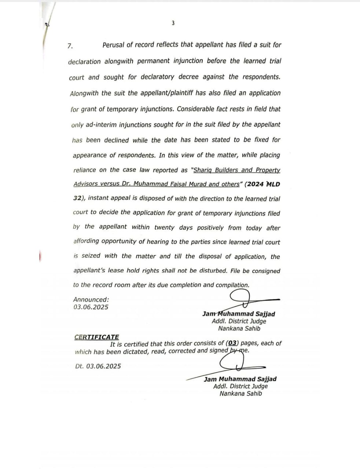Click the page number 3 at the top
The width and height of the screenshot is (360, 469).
(173, 23)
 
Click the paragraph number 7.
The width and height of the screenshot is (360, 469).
(70, 46)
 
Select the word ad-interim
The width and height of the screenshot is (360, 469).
(99, 125)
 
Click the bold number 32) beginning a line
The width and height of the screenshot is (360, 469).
(79, 198)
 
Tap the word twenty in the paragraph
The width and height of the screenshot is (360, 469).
(164, 227)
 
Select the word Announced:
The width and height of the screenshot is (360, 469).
(91, 299)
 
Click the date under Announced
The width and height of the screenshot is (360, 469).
(91, 307)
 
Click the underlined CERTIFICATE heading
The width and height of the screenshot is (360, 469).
(96, 337)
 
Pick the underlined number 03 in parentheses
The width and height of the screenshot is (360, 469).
(232, 343)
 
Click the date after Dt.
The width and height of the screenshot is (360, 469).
(103, 366)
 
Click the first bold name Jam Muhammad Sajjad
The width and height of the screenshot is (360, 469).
(239, 314)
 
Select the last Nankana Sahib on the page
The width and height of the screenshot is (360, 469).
(241, 394)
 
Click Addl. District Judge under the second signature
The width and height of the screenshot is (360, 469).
(240, 386)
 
